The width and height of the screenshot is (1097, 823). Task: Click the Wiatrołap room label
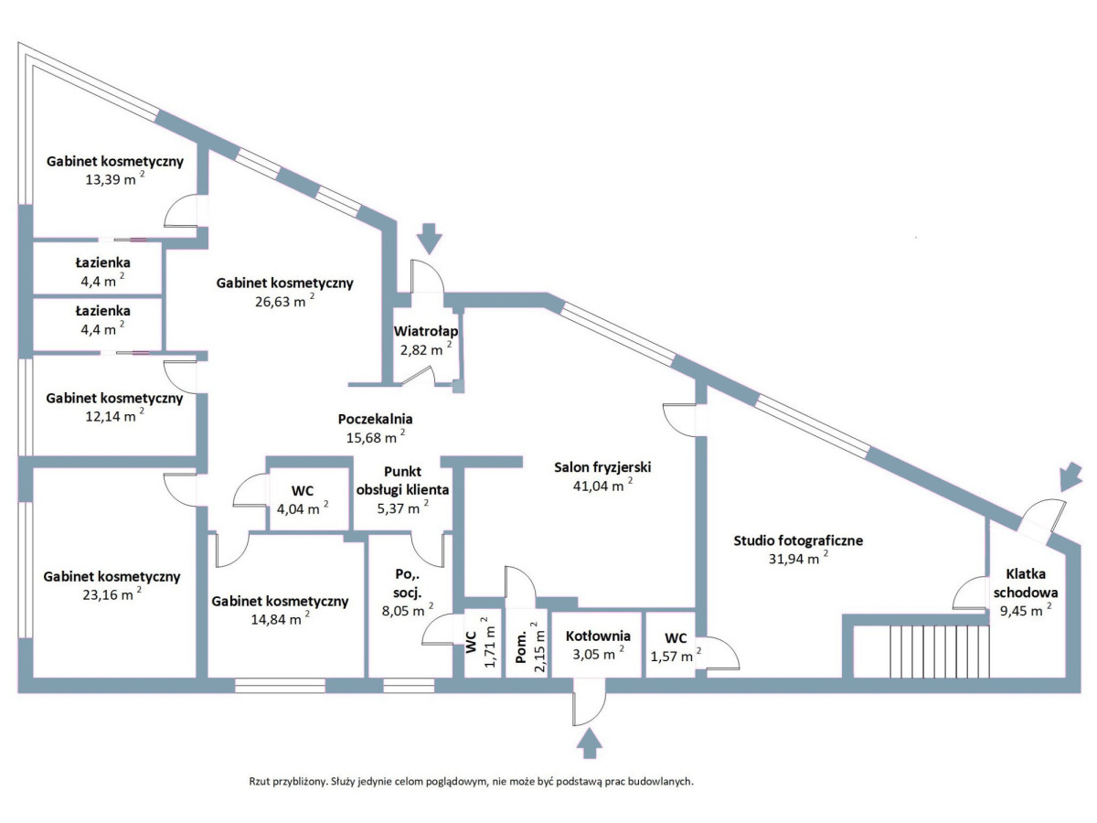click(x=426, y=331)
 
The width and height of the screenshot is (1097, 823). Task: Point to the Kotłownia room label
click(x=598, y=636)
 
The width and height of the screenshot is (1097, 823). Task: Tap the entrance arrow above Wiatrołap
click(x=428, y=240)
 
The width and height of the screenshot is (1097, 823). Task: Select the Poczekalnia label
click(x=375, y=419)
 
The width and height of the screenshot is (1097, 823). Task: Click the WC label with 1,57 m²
click(x=676, y=637)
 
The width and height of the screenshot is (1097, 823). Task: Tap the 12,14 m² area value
click(x=109, y=416)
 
